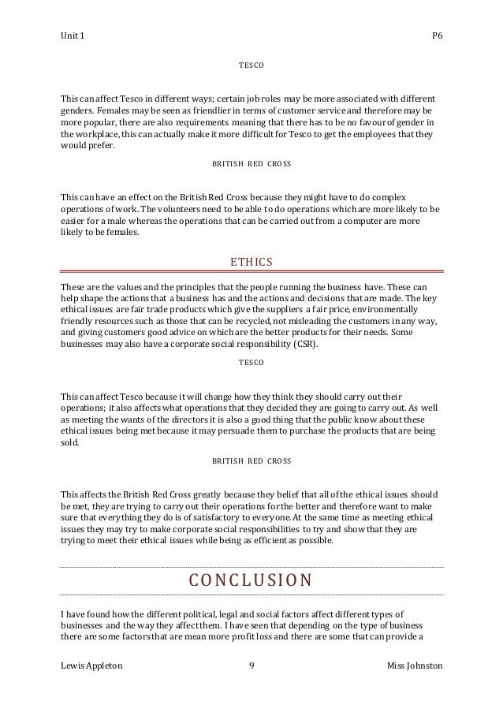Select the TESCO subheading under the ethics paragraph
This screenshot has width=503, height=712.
pos(251,362)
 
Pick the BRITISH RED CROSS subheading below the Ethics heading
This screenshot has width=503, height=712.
pos(251,459)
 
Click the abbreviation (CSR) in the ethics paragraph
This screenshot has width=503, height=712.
pos(300,345)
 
